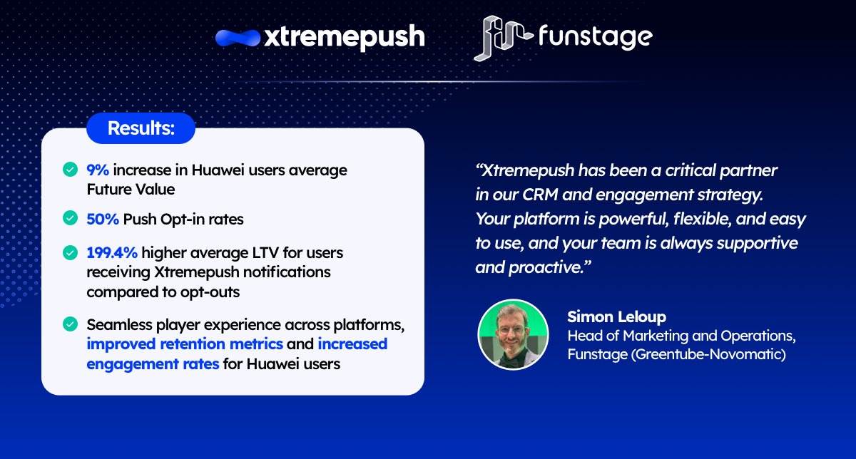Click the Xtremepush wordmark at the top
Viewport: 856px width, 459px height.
(344, 37)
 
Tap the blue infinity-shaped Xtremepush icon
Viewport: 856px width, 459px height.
(238, 38)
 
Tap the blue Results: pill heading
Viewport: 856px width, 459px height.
(141, 129)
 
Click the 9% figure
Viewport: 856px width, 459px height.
(98, 170)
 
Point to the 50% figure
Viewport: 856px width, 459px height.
(103, 220)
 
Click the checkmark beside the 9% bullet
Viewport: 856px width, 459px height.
(70, 170)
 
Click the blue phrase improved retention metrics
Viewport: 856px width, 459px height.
(185, 344)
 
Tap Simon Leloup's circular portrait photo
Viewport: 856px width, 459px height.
(512, 334)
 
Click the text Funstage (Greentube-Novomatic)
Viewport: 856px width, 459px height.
(676, 354)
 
